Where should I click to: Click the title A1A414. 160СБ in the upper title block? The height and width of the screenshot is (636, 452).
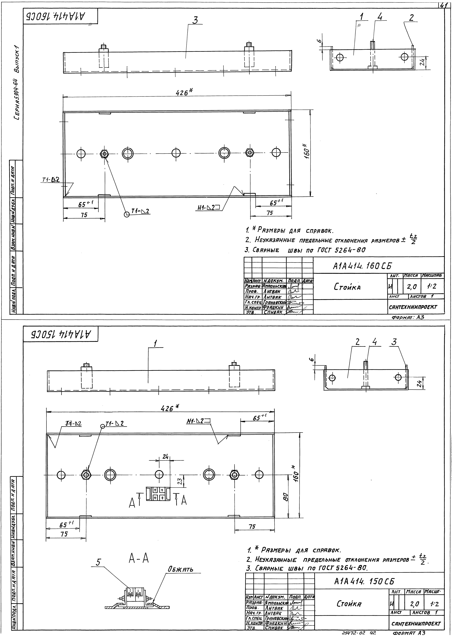[362, 266]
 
